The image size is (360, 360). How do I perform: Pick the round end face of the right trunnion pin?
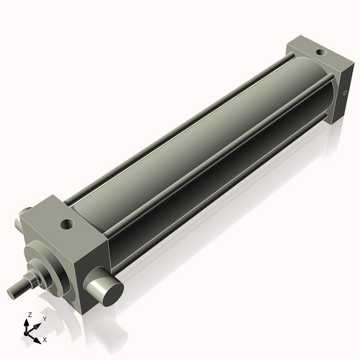[109, 291]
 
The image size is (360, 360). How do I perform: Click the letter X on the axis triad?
[45, 338]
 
